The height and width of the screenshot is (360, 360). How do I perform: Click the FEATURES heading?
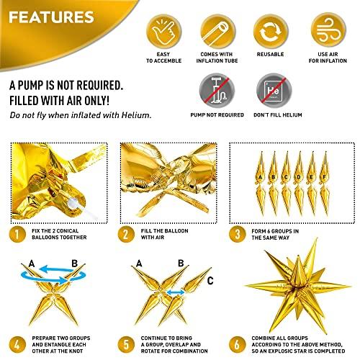coord(51,17)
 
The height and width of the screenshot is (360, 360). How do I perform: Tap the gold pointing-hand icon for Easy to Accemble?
coord(163,32)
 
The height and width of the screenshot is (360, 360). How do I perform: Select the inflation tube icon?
coord(217,32)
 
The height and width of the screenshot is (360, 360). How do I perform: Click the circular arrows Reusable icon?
coord(271,32)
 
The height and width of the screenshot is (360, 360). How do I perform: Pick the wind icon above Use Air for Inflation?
coord(328,31)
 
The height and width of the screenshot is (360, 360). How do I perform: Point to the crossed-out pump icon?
coord(217,91)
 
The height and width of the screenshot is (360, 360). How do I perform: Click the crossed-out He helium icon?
coord(274,91)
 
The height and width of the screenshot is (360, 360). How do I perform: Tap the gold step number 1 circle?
coord(17,234)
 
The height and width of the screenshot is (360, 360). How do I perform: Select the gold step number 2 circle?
coord(126,234)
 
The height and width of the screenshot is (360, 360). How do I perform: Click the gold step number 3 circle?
coord(237,234)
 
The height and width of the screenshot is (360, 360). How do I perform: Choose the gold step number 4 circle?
coord(17,345)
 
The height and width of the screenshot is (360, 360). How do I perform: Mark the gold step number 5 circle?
coord(126,345)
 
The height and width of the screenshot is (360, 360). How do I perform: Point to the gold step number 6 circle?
coord(237,345)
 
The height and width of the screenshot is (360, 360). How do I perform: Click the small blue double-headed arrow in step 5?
coord(176,292)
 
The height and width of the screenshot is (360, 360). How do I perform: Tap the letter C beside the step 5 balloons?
coord(210,281)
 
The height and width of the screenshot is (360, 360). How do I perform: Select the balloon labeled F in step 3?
coord(325,184)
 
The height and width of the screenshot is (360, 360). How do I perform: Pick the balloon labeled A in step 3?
coord(261,184)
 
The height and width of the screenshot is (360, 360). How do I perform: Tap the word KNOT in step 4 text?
coord(76,351)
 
